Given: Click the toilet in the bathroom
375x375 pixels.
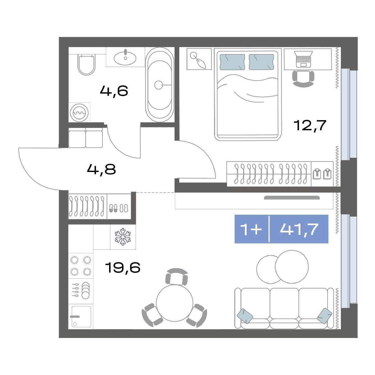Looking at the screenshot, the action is coord(86,65).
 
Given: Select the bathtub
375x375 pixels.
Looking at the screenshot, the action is coord(160,85).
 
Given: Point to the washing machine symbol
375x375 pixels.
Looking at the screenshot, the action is coord(79,113).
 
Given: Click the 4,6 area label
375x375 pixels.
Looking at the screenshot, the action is coord(114,91).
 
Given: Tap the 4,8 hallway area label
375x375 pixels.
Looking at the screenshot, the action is coord(101,169).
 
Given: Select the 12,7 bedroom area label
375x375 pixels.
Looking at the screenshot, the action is coord(310,125).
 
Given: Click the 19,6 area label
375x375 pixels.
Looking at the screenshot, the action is coord(122,267).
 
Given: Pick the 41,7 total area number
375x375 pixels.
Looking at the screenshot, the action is coord(299,229).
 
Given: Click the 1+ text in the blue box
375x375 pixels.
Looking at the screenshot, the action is coord(251,229).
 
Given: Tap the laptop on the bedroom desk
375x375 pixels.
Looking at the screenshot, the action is coord(304,59).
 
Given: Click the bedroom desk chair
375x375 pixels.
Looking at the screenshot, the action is coord(303,79).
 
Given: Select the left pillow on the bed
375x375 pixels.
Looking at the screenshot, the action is coord(232,62).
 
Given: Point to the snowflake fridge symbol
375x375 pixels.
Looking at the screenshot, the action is coord(123,237).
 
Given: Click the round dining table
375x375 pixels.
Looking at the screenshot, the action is coord(175,303).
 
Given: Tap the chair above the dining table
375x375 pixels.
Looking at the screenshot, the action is coord(176,277).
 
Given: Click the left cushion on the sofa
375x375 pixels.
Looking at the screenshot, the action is coord(245,316).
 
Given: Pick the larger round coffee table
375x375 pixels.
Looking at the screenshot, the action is coord(292,267).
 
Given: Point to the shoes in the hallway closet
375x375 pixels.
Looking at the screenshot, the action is coord(119,208).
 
